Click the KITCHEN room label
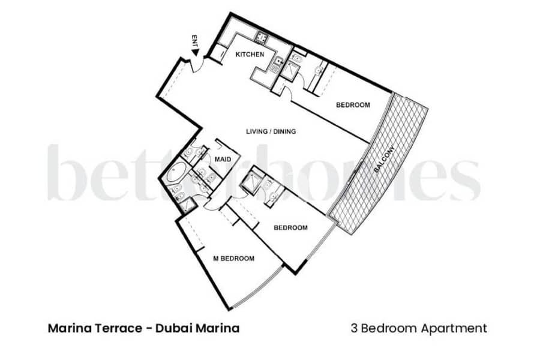250,55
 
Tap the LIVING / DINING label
271,131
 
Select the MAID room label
223,160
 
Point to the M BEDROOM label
234,259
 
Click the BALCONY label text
383,159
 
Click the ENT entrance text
195,41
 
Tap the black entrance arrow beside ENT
196,52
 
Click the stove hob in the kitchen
262,37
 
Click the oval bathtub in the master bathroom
176,173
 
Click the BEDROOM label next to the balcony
353,105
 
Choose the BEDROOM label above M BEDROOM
290,228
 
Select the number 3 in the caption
355,328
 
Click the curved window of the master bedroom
258,289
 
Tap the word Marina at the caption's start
70,328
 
